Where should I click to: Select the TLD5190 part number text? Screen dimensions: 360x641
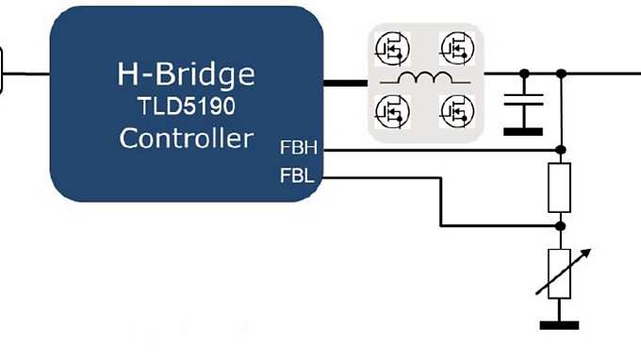[186, 106]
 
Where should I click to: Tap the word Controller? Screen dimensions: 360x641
[186, 139]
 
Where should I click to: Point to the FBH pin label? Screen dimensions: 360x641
[298, 149]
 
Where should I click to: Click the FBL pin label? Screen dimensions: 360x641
[297, 176]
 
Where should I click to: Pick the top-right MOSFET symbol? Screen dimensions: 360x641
[455, 47]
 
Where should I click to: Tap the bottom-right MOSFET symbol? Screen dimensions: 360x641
[455, 111]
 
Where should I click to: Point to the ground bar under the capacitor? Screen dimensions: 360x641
[523, 130]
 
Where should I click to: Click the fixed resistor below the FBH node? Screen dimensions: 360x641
[560, 188]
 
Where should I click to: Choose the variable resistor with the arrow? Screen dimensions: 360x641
[560, 274]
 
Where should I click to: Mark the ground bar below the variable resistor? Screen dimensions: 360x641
[560, 325]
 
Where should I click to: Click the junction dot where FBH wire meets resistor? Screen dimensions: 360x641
[560, 149]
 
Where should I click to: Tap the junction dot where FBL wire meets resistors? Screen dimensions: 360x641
[560, 226]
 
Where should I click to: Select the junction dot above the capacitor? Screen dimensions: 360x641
[524, 73]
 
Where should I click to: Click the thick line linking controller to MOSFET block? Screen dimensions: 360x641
[345, 82]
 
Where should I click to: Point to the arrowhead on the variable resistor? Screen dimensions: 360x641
[587, 253]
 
